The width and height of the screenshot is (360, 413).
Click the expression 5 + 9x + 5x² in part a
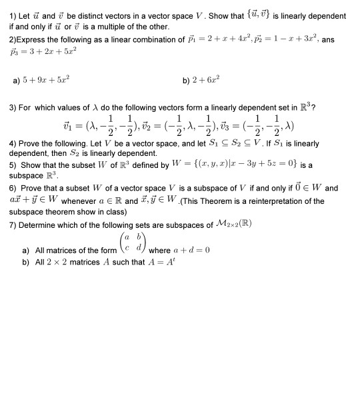[45, 83]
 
